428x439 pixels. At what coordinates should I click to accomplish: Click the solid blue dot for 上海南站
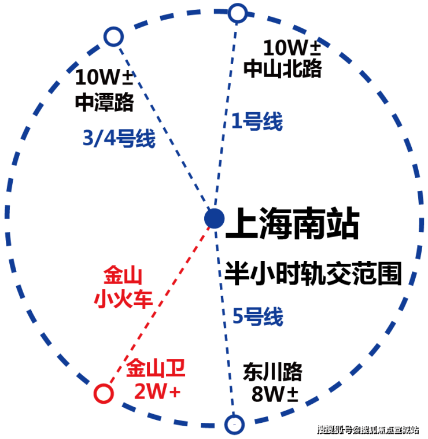pos(214,219)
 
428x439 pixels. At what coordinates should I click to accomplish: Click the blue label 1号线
pos(257,122)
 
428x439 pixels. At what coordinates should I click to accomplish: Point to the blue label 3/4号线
pos(118,139)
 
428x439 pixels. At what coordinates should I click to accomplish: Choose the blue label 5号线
pos(258,317)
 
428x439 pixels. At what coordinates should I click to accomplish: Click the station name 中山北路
pos(282,69)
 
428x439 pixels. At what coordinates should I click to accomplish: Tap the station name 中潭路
pos(105,102)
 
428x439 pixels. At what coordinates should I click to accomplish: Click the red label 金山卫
pos(156,367)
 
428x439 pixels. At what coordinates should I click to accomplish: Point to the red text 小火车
pos(123,298)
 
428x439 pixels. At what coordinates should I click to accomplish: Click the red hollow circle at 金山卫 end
pos(103,393)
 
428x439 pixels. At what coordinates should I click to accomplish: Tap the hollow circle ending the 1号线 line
pos(238,13)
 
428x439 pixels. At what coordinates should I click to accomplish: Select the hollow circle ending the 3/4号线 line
pos(113,37)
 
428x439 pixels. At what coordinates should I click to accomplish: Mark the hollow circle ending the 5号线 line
pos(233,424)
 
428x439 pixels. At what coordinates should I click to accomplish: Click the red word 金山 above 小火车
pos(123,275)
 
